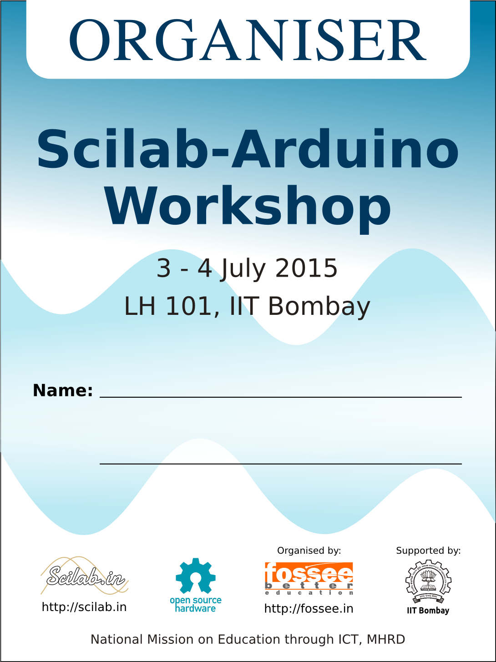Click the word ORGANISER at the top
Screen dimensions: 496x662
point(248,40)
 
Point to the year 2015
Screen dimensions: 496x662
point(306,268)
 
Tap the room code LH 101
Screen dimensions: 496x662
point(168,306)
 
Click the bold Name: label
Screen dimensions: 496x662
point(63,390)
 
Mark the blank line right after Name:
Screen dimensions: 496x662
point(281,397)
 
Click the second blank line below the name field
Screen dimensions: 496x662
point(281,464)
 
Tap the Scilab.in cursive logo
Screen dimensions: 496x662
point(85,576)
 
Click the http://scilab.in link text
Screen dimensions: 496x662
point(84,607)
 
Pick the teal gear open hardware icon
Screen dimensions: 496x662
point(196,576)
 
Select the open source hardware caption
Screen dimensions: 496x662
point(196,604)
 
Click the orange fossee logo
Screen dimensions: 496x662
point(309,578)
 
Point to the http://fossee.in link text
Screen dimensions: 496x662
point(309,609)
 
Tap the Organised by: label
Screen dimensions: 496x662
point(309,551)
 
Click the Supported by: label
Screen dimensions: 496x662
point(429,551)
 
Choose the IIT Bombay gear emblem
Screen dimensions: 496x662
point(428,581)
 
